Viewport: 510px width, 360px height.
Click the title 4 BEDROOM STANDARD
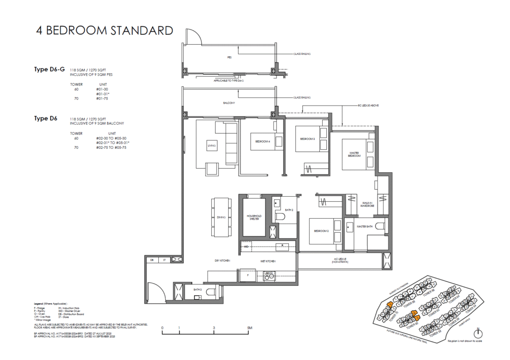pyautogui.click(x=105, y=30)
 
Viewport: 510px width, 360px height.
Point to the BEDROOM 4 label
pyautogui.click(x=262, y=141)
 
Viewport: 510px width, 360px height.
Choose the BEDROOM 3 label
pyautogui.click(x=307, y=139)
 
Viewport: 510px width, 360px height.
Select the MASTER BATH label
pyautogui.click(x=365, y=227)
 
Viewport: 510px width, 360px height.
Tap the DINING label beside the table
pyautogui.click(x=221, y=217)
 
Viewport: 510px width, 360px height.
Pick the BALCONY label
pyautogui.click(x=229, y=103)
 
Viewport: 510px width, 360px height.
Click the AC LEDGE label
pyautogui.click(x=340, y=260)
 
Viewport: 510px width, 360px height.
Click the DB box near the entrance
pyautogui.click(x=151, y=260)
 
